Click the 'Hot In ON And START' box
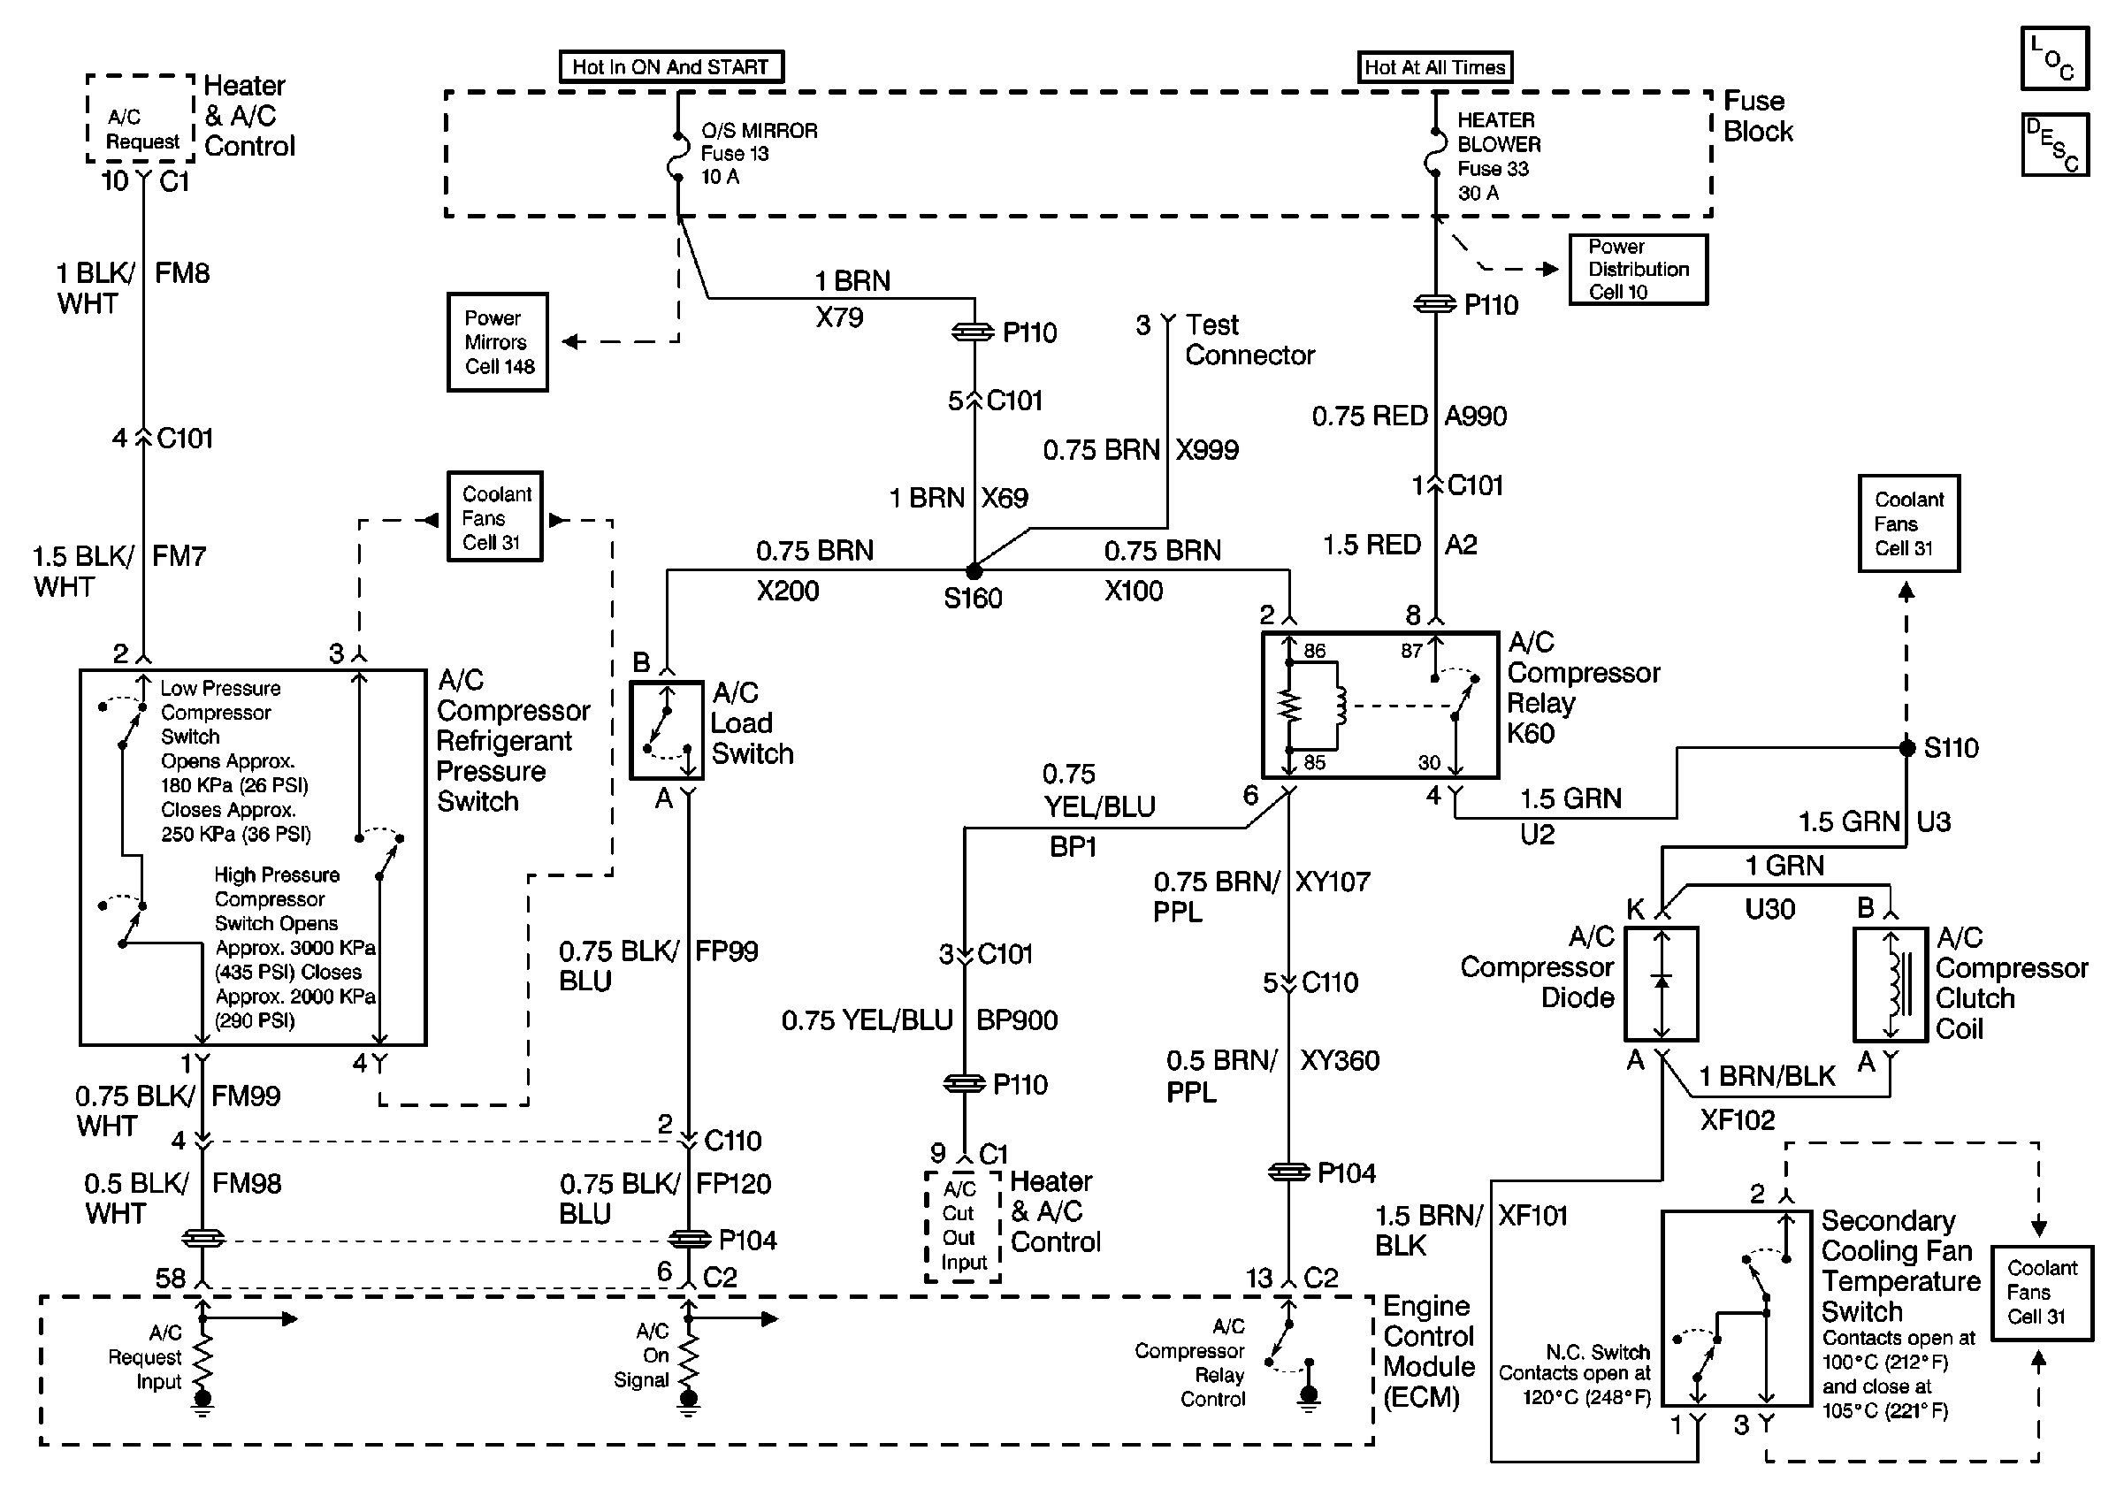[670, 66]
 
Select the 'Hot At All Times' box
[1434, 67]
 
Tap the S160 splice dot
[974, 570]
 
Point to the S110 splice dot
[1906, 747]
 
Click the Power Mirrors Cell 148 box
[498, 342]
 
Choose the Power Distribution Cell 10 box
[1638, 269]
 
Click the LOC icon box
[2053, 58]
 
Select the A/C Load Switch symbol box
[666, 730]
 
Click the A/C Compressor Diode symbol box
[1662, 984]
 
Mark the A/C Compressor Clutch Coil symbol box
[1891, 985]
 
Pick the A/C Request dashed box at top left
[141, 118]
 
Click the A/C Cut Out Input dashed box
[963, 1226]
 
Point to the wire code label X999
[1207, 450]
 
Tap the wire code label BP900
[1017, 1020]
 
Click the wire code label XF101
[1532, 1215]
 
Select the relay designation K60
[1531, 733]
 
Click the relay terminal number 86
[1315, 651]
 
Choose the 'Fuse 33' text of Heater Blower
[1494, 168]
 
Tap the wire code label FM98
[247, 1184]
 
